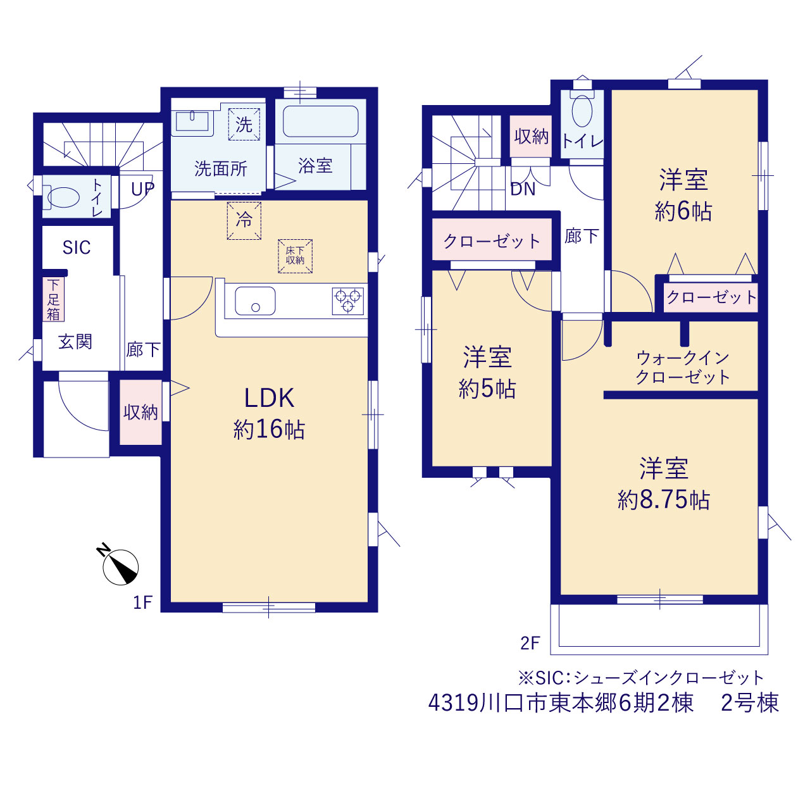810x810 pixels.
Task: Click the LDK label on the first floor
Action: tap(269, 397)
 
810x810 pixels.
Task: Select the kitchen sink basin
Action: tap(255, 301)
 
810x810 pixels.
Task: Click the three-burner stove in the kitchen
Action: tap(347, 301)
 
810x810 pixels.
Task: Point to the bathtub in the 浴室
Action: tap(321, 121)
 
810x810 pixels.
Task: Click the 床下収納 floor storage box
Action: tap(295, 256)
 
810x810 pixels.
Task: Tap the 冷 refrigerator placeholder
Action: tap(244, 221)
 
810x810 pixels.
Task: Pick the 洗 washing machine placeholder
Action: tap(244, 125)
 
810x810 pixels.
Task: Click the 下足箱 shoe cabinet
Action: tap(53, 299)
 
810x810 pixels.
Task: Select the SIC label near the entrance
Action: tap(77, 247)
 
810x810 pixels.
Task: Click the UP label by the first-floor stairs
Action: tap(142, 189)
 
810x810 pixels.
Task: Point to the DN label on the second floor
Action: tap(523, 189)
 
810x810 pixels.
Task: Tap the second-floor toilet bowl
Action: tap(582, 110)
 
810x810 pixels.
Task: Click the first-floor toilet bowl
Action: tap(63, 197)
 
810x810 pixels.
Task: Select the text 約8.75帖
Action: tap(664, 500)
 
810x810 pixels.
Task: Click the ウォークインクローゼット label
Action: tap(683, 368)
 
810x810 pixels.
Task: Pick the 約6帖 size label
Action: tap(683, 211)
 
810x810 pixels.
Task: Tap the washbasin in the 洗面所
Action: tap(192, 121)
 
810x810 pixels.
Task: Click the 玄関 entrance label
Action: tap(75, 341)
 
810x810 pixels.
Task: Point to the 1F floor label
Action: tap(142, 603)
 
